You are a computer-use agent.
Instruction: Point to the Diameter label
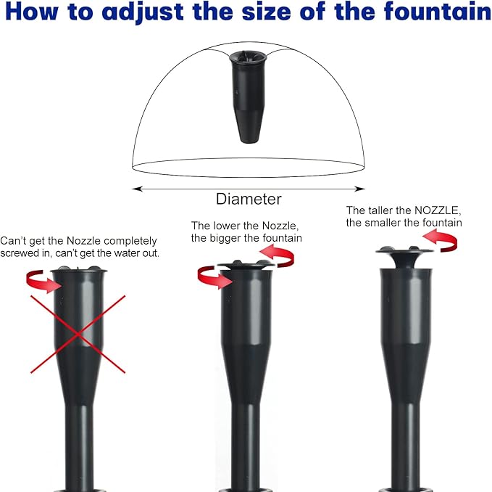point(249,199)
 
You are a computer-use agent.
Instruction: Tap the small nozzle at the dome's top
point(249,94)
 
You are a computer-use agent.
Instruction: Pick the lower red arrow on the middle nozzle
point(214,276)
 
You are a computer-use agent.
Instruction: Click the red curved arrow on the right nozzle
point(440,242)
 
